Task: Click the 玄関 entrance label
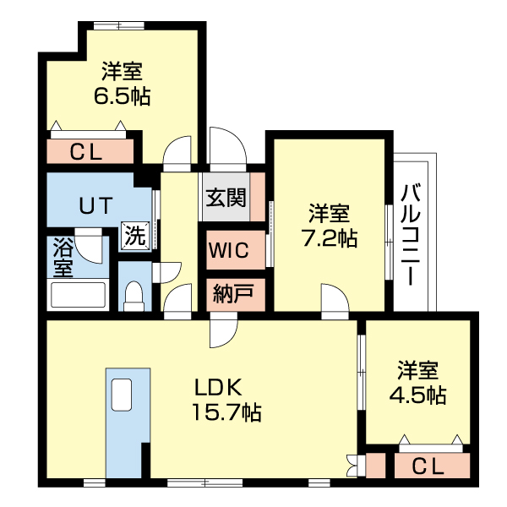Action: [226, 197]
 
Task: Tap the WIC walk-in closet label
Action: [229, 250]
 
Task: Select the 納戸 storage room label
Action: [233, 293]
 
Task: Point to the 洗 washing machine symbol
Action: [135, 236]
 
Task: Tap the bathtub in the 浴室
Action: [78, 295]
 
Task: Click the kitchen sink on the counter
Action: [122, 395]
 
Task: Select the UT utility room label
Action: [95, 205]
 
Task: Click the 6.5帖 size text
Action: [122, 96]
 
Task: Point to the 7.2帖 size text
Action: [330, 238]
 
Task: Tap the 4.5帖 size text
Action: [417, 395]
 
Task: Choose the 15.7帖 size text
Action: [226, 412]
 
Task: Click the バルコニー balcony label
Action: [411, 234]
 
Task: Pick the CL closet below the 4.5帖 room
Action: [432, 466]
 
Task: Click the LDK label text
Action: [218, 387]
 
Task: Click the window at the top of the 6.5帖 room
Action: [119, 26]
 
